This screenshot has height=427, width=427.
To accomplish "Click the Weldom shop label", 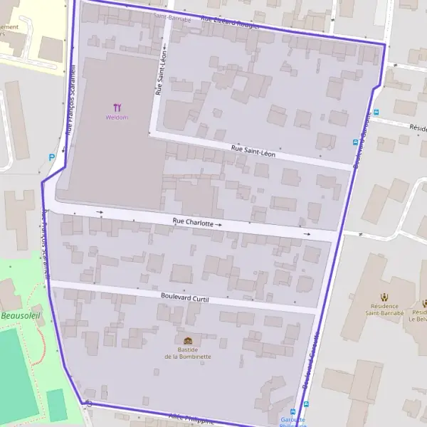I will (117, 117).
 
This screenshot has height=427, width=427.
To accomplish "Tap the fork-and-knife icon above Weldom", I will (117, 108).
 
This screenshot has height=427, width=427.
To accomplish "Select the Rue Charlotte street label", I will (192, 223).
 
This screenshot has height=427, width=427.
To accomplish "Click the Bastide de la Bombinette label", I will (187, 352).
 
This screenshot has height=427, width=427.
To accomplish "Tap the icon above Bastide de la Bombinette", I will (187, 341).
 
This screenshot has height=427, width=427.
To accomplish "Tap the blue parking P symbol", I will (51, 157).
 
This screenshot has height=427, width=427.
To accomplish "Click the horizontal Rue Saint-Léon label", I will (253, 150).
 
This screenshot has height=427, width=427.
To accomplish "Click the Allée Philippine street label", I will (191, 418).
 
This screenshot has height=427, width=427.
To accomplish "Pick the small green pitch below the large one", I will (57, 405).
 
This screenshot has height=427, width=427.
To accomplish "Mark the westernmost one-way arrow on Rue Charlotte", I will (100, 212).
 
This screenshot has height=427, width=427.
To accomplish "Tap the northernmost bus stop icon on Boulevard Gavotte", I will (376, 112).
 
